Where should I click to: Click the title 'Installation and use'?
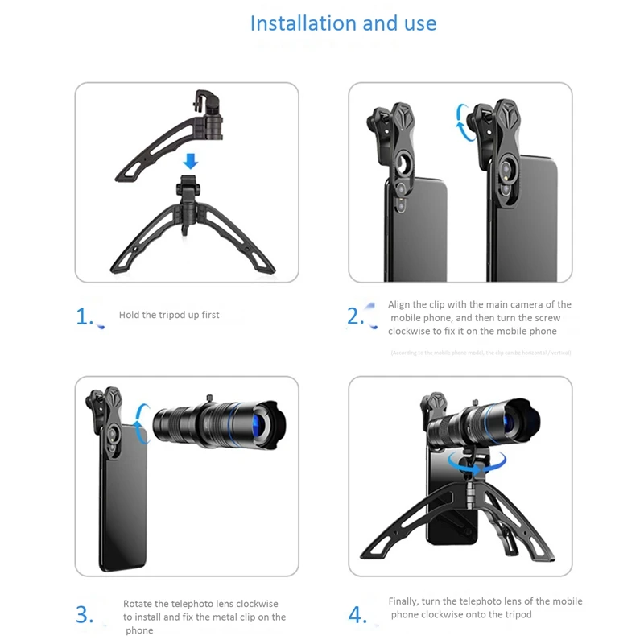pos(343,23)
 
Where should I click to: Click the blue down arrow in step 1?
pos(190,161)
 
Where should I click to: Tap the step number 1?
pos(85,317)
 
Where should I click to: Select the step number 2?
pos(356,316)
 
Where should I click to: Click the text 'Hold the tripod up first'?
pos(169,315)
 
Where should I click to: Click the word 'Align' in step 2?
pos(400,304)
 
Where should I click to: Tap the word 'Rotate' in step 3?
pos(138,604)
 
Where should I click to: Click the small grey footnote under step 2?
pos(481,353)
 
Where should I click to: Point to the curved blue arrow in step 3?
pos(142,423)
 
